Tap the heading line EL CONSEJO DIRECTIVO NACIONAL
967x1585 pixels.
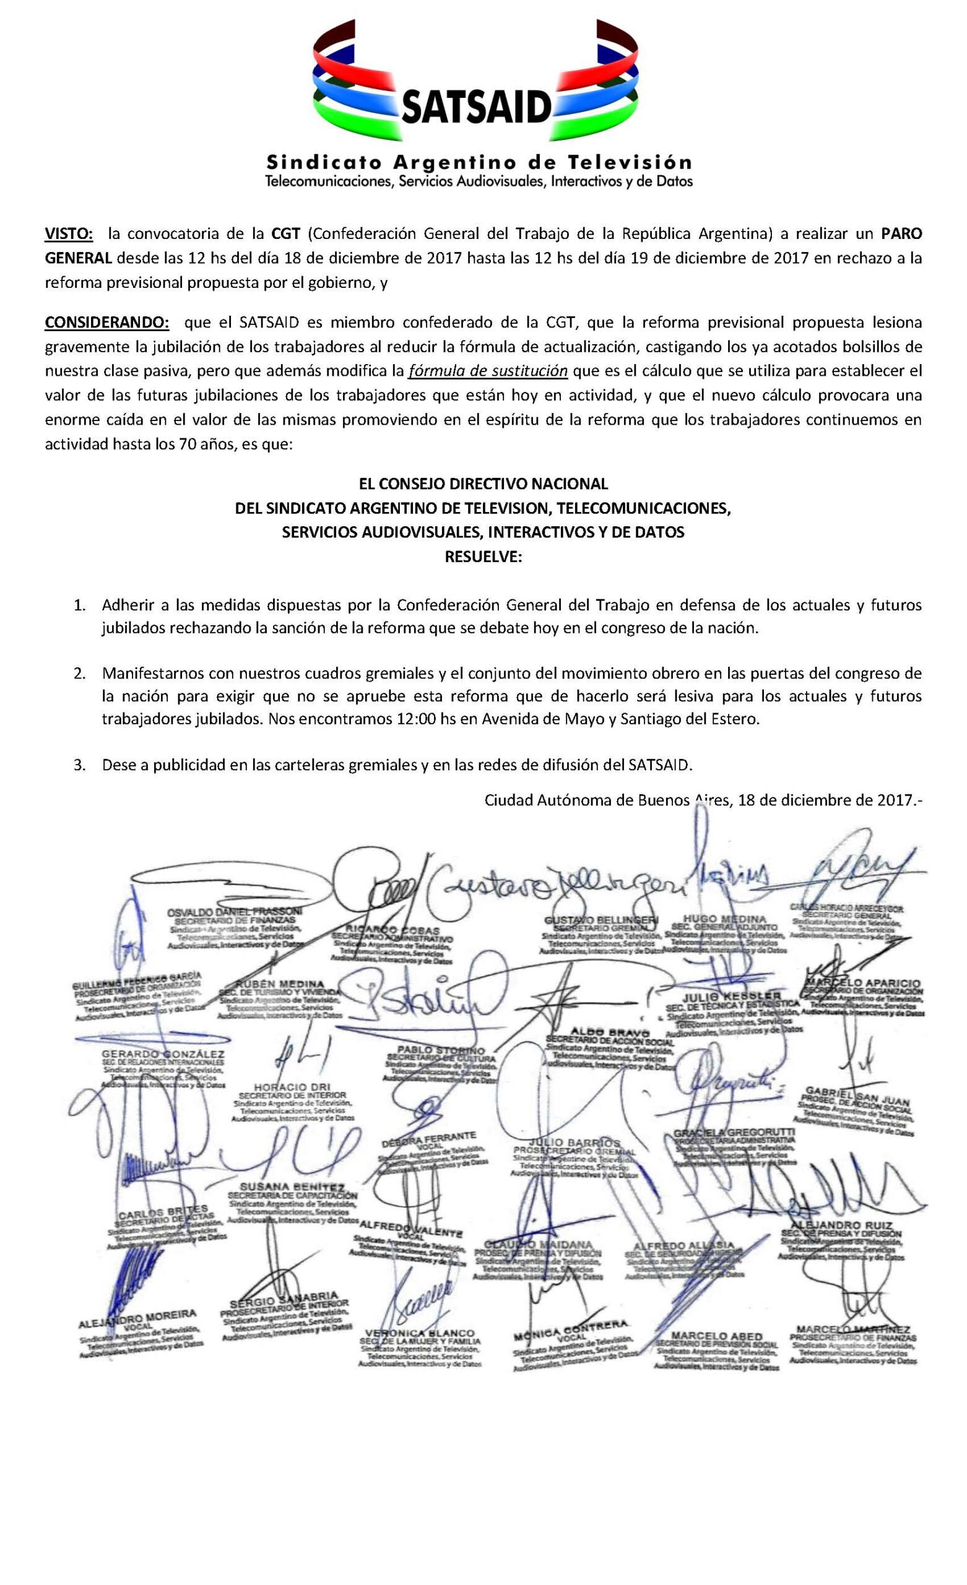click(x=483, y=482)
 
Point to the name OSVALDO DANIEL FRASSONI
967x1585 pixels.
click(x=234, y=912)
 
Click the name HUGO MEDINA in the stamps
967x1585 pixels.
click(x=724, y=918)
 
